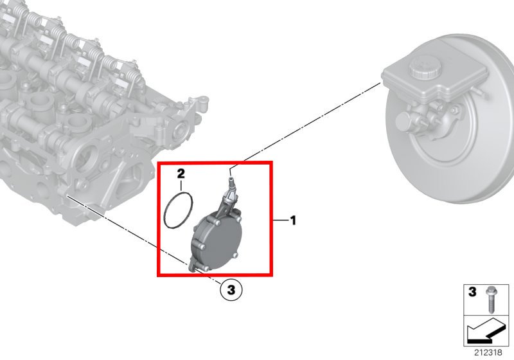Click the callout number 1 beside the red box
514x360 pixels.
pos(293,221)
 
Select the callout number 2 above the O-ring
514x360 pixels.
pos(181,174)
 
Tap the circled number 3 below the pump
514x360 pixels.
pos(231,290)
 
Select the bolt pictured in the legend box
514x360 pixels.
pos(490,300)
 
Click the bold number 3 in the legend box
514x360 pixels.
pos(472,292)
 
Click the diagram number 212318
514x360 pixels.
pos(488,352)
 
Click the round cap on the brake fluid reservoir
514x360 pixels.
pos(425,67)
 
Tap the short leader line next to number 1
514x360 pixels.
pos(281,221)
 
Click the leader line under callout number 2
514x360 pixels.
pos(181,186)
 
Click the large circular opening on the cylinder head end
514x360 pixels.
pos(89,161)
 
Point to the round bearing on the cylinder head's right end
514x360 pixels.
pos(181,130)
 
